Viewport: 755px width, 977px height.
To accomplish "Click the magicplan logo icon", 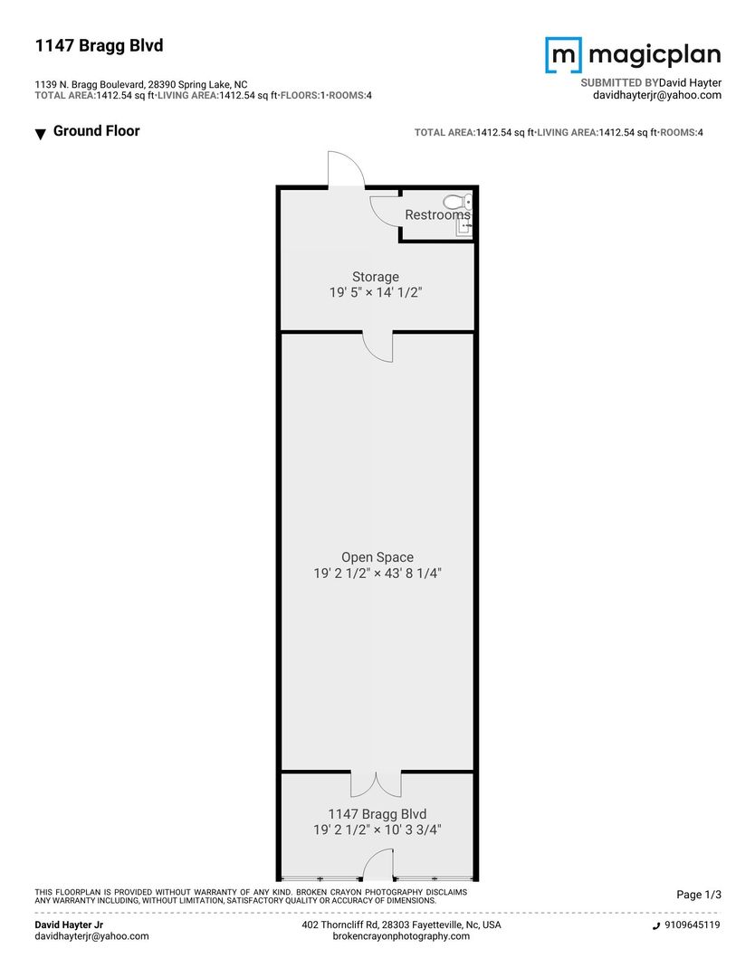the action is (564, 55).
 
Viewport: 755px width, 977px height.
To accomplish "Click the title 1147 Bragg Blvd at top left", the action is (100, 45).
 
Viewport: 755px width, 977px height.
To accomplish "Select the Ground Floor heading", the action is (97, 131).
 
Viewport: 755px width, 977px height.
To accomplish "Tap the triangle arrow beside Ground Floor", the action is (41, 133).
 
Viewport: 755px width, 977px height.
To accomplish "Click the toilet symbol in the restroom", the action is (458, 202).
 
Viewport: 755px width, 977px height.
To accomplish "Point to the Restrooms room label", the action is (437, 215).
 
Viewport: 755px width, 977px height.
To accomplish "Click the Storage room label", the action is (376, 277).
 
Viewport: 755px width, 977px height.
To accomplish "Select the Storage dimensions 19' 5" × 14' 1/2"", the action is (376, 292).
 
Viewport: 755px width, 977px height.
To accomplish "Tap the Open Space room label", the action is (377, 557).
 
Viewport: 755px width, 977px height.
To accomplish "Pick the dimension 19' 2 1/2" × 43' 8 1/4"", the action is (377, 574).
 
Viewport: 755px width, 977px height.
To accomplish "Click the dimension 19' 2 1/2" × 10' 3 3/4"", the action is (377, 830).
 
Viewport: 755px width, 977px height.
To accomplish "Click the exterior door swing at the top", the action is (346, 168).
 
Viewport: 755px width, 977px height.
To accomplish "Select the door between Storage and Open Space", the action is (378, 346).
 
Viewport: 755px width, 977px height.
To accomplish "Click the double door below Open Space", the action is (376, 784).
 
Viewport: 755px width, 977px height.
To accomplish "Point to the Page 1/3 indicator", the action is (699, 895).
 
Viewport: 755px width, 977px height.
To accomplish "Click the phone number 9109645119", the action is (692, 925).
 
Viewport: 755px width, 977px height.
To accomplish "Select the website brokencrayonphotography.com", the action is (402, 936).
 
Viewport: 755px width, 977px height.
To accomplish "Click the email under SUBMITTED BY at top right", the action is (657, 95).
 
